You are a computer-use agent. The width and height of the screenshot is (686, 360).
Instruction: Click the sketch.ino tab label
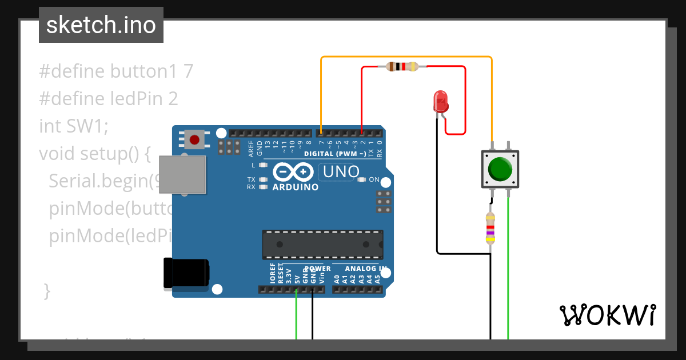(x=101, y=25)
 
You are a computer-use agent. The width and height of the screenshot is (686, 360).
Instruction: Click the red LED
(x=441, y=101)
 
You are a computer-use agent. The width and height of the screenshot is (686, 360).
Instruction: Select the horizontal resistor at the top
(x=402, y=66)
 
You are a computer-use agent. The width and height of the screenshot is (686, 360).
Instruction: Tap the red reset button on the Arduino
(x=194, y=139)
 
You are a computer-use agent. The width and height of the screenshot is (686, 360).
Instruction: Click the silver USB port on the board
(x=182, y=174)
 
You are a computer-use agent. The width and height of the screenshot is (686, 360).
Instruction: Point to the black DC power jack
(x=186, y=273)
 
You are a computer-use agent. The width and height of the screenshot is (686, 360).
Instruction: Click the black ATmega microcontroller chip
(x=322, y=244)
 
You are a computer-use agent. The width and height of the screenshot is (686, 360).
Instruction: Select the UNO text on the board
(x=341, y=171)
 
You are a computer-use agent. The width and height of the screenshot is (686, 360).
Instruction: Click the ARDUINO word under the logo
(x=296, y=187)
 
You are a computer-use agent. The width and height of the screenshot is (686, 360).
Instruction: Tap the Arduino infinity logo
(x=293, y=171)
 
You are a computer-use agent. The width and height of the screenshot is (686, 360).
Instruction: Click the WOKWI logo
(x=607, y=315)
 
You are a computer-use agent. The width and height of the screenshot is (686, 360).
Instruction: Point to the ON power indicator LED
(x=361, y=179)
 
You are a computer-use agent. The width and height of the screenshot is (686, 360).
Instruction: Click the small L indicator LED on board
(x=263, y=165)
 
